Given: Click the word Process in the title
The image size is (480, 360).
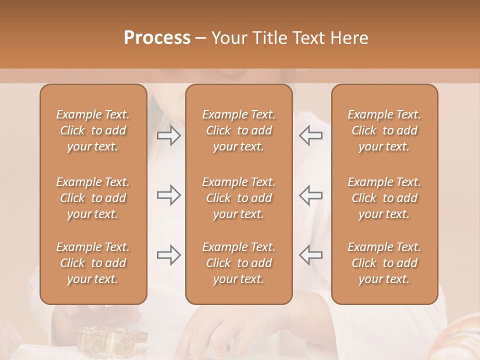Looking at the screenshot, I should (157, 38).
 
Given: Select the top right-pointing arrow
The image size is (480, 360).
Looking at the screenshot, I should (168, 135).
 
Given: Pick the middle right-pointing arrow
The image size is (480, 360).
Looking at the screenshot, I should (168, 195).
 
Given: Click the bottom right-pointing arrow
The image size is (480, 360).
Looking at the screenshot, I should (168, 255).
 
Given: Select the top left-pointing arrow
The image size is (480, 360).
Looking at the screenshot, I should (310, 135).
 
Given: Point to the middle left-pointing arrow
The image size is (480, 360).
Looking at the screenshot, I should (310, 195).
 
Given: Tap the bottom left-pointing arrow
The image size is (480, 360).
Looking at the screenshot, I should (310, 255).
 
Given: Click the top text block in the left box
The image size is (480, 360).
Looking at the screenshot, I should (93, 130).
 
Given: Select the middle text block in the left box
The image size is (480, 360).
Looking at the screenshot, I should (93, 198).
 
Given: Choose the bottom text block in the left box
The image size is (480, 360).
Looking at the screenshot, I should (93, 263).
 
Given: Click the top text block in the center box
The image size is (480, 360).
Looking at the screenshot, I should (239, 130).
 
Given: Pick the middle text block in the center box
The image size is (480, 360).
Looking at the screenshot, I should (239, 198).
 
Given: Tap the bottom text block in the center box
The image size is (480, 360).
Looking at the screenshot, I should (239, 263).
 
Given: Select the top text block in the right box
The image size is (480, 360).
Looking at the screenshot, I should (384, 130).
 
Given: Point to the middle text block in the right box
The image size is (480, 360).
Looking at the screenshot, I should (384, 198).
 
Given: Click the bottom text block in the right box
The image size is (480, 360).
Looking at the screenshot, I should (384, 263).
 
